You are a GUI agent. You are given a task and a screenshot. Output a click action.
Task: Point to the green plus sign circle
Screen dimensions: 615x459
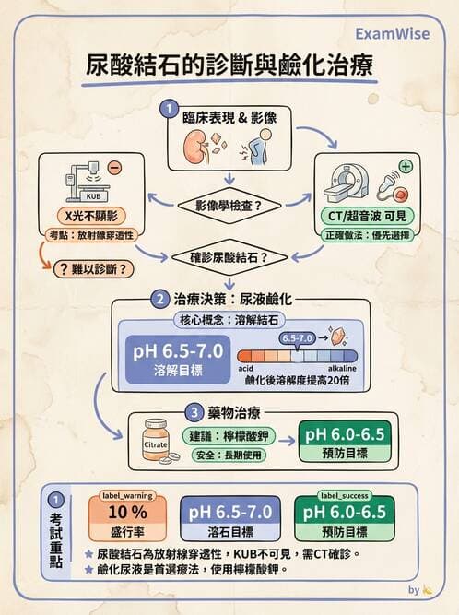[x=403, y=169]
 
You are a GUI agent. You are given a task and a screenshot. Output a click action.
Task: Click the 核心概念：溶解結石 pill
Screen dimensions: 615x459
[x=230, y=321]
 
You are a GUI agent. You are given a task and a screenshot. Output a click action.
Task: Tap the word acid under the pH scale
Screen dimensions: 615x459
[x=247, y=369]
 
